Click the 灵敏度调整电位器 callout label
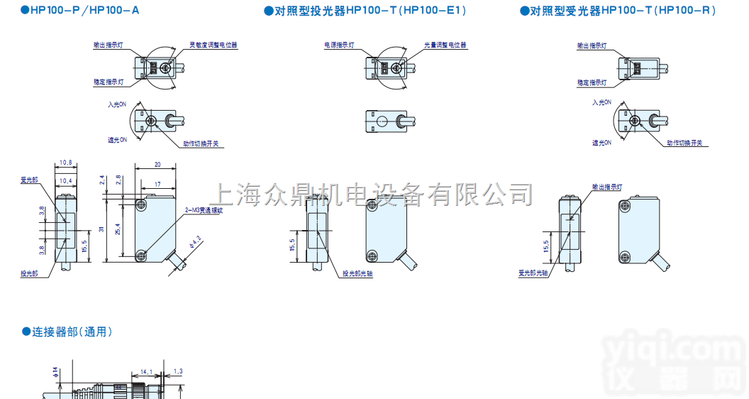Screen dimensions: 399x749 213,45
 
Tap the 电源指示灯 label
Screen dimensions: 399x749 339,45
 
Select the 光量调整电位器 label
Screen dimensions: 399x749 445,45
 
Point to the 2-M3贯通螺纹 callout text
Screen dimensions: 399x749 204,211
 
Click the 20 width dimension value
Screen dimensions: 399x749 156,165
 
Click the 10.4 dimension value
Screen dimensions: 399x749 66,182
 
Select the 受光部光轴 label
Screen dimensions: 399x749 533,273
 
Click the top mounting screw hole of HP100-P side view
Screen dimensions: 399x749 141,206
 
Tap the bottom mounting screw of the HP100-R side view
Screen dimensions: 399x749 625,256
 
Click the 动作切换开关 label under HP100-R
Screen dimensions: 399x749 684,143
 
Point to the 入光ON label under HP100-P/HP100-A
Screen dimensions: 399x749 116,104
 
